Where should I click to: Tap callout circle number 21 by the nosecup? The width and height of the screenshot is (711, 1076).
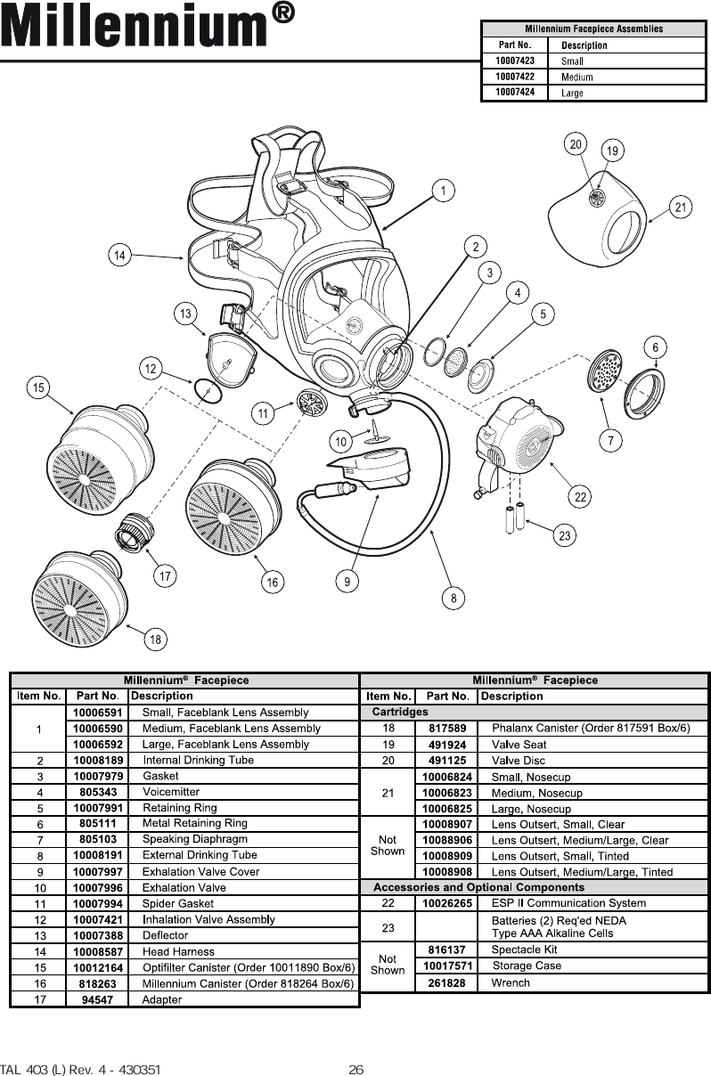tap(682, 208)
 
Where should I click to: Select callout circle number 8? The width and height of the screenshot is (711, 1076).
tap(454, 599)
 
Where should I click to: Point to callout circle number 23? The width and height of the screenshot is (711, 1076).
tap(564, 535)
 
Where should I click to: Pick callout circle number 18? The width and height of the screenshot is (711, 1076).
tap(155, 639)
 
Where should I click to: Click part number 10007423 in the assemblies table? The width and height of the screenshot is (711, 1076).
tap(515, 61)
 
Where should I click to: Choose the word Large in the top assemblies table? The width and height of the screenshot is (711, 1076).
tap(573, 93)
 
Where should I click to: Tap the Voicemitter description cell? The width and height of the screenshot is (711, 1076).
tap(171, 792)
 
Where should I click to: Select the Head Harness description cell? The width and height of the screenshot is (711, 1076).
tap(178, 951)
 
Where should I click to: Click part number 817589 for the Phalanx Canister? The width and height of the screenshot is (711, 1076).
tap(447, 729)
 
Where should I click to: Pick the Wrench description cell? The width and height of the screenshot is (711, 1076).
tap(511, 982)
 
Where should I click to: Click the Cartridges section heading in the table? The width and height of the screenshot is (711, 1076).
tap(399, 712)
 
